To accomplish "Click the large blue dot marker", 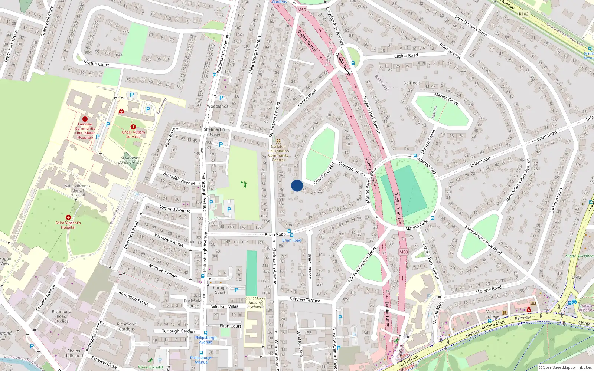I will pyautogui.click(x=297, y=185).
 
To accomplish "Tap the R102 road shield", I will pyautogui.click(x=523, y=14).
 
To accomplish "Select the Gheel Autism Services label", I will pyautogui.click(x=133, y=134).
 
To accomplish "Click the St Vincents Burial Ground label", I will pyautogui.click(x=130, y=160).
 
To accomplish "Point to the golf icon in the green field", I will pyautogui.click(x=244, y=184).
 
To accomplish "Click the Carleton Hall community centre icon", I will pyautogui.click(x=278, y=141).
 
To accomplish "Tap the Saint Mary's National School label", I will pyautogui.click(x=255, y=302).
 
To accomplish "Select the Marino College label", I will pyautogui.click(x=493, y=314).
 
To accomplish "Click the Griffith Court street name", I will pyautogui.click(x=96, y=63).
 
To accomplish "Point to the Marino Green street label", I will pyautogui.click(x=447, y=99).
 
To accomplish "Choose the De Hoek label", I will pyautogui.click(x=411, y=83).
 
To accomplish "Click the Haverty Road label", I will pyautogui.click(x=489, y=289).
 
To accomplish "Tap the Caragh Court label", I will pyautogui.click(x=220, y=290).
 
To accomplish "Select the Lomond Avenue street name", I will pyautogui.click(x=174, y=209).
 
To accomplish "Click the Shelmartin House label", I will pyautogui.click(x=214, y=132).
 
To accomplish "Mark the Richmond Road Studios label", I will pyautogui.click(x=62, y=316).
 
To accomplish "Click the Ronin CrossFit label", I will pyautogui.click(x=151, y=367).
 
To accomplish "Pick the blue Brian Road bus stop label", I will pyautogui.click(x=291, y=240).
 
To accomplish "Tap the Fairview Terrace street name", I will pyautogui.click(x=304, y=299).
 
